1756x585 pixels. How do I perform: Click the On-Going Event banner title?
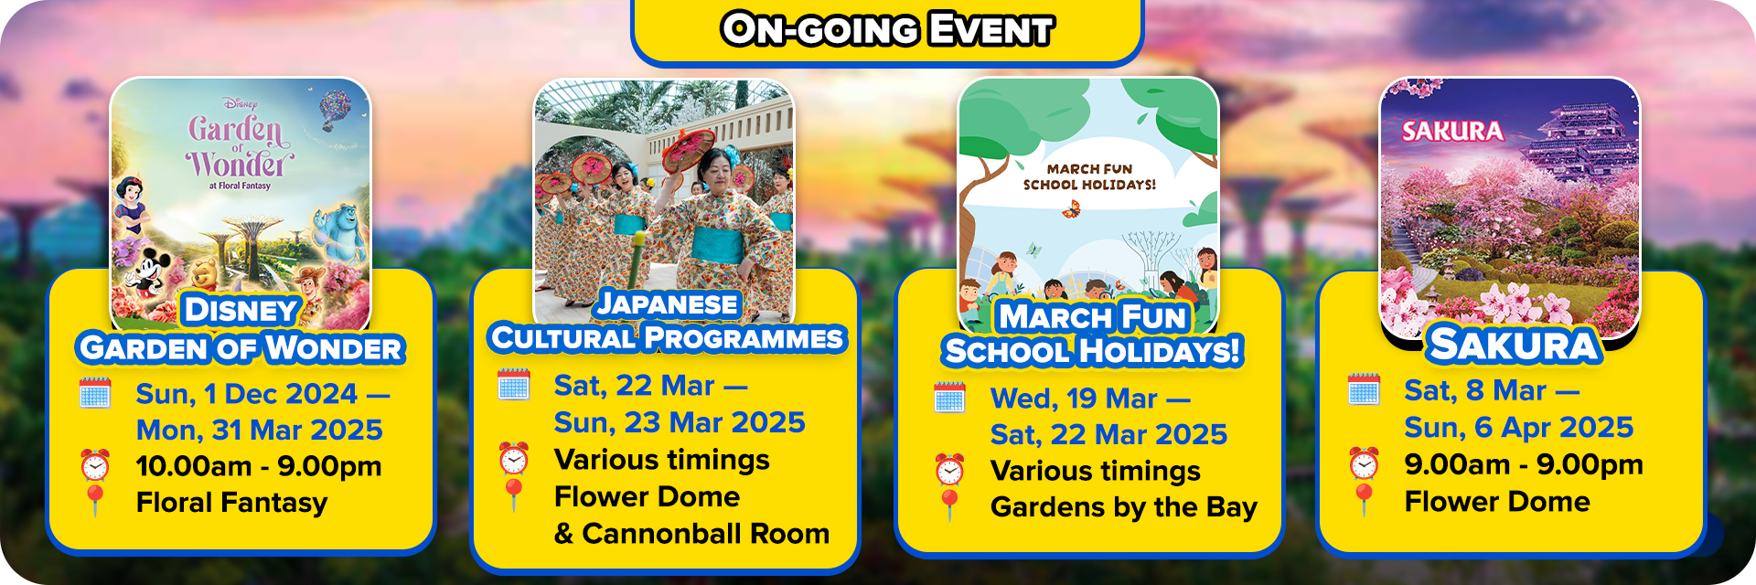click(x=887, y=29)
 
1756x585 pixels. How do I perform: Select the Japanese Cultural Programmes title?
click(x=667, y=321)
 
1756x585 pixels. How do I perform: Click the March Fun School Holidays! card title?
click(x=1093, y=334)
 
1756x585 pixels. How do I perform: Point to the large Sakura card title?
click(x=1514, y=345)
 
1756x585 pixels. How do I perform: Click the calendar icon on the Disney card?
click(x=95, y=392)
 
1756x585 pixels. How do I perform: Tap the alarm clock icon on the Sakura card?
click(x=1364, y=463)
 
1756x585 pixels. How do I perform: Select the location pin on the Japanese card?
click(x=514, y=495)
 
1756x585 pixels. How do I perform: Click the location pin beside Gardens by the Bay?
click(x=950, y=505)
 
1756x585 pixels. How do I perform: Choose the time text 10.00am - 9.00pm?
click(x=259, y=466)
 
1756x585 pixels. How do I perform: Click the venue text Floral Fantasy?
click(x=231, y=503)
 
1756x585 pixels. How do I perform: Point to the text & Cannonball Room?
click(x=691, y=534)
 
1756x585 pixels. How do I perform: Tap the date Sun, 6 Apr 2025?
click(x=1519, y=427)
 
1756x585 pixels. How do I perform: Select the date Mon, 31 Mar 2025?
click(x=260, y=430)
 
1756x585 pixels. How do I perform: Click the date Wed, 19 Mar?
click(x=1074, y=399)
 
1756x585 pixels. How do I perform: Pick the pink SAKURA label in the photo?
click(x=1452, y=132)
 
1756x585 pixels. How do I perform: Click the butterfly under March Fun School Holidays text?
click(x=1071, y=209)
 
